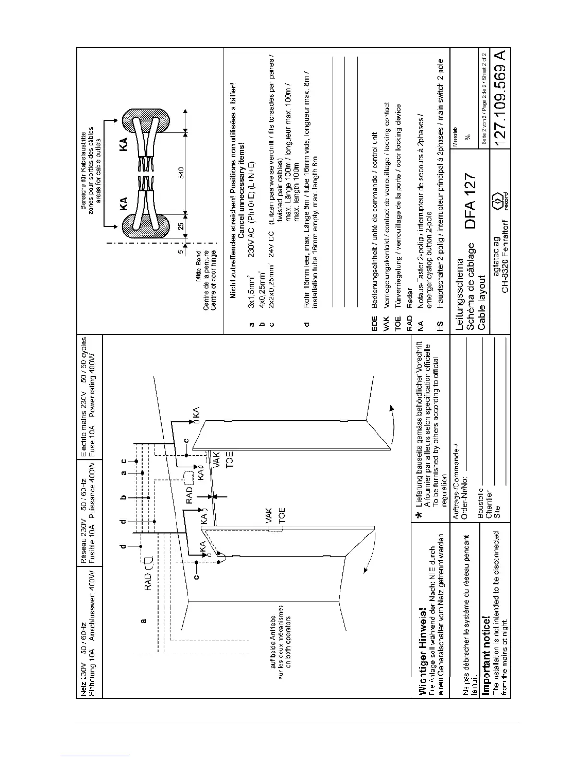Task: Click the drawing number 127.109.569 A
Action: coord(500,101)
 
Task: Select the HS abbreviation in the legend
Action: coord(440,324)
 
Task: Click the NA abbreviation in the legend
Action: coord(421,324)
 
